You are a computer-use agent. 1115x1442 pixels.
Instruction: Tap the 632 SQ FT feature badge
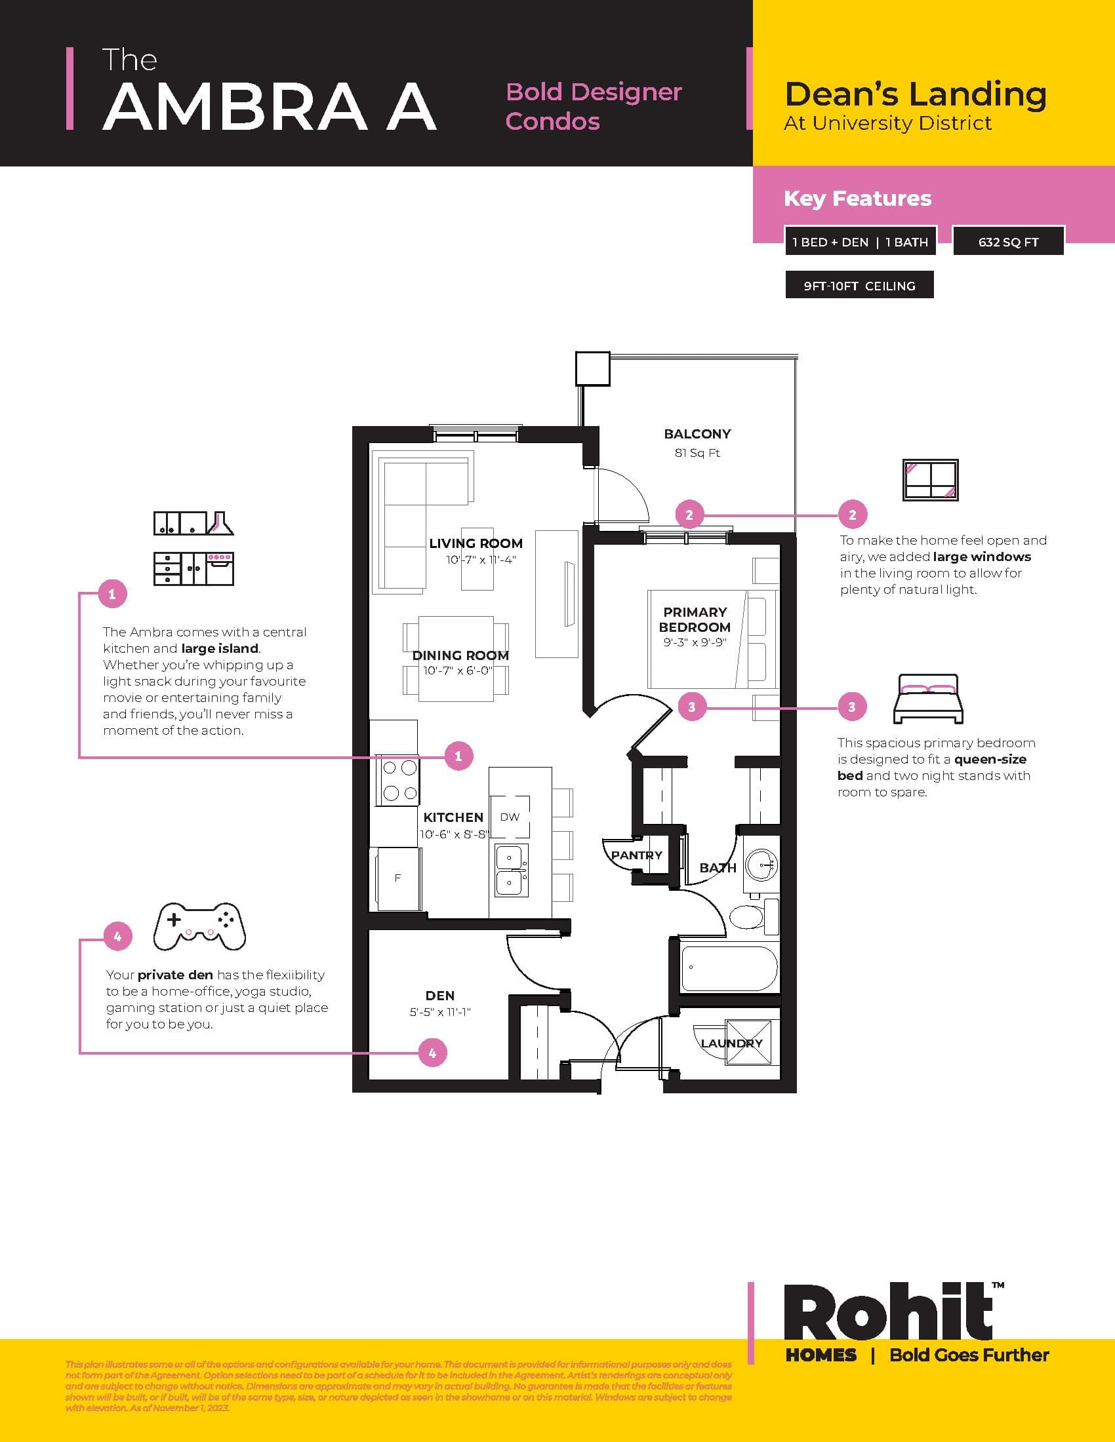(1008, 242)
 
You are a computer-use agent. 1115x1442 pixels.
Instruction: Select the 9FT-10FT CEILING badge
(859, 286)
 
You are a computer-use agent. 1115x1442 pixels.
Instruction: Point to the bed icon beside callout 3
(927, 699)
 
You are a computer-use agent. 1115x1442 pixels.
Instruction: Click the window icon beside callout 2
(930, 480)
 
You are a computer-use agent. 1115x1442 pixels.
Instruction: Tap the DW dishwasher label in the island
(509, 817)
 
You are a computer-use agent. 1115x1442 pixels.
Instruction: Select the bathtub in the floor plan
(729, 968)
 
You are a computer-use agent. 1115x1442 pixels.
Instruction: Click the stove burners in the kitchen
(399, 780)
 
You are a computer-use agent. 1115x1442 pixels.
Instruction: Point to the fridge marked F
(397, 878)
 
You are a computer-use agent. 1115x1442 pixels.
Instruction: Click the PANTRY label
(636, 855)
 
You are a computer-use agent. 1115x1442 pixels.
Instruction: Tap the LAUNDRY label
(731, 1043)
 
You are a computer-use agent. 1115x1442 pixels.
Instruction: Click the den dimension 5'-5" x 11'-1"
(439, 1011)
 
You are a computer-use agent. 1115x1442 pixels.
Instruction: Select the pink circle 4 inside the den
(433, 1053)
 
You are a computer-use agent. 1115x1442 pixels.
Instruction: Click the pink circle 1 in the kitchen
(458, 755)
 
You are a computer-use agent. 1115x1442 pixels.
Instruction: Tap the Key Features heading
(857, 198)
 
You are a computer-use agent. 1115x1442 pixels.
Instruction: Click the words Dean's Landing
(915, 94)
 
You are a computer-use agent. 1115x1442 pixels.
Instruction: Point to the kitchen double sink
(512, 870)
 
